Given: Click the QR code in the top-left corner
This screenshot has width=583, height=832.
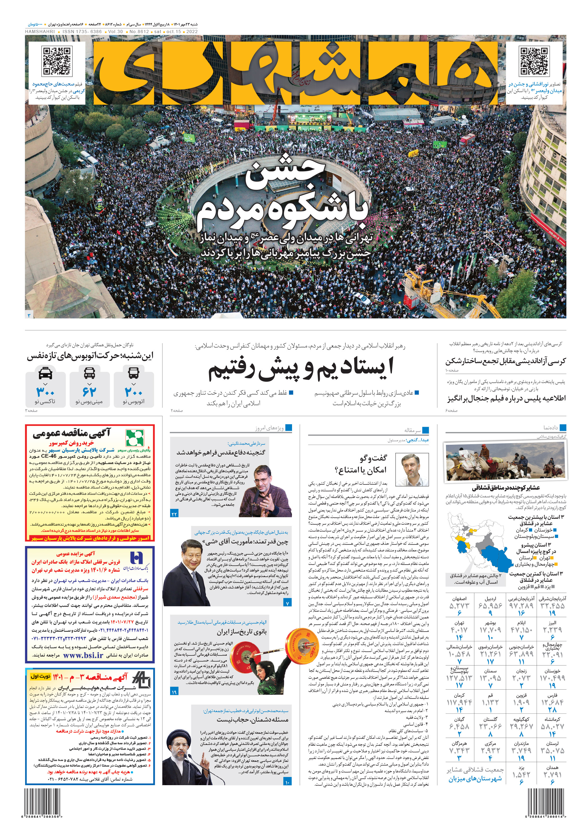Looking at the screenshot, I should point(57,61).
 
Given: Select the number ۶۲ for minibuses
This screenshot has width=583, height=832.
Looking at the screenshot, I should point(89,392).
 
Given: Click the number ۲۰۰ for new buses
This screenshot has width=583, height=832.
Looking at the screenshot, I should point(134,392).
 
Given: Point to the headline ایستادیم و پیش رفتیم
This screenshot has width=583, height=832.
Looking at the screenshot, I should point(301,369).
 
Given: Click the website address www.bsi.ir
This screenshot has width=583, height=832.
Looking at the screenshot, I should point(83,655).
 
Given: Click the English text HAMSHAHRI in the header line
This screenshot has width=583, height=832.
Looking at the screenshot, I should point(40,32).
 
